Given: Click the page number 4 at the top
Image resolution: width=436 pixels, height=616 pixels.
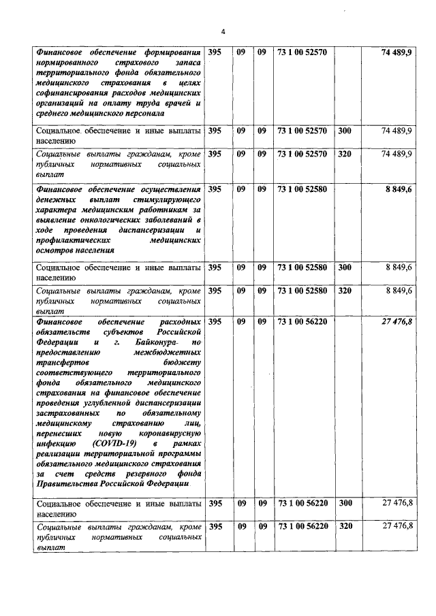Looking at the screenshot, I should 222,31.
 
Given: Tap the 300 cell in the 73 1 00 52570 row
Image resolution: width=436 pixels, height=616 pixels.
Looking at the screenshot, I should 345,130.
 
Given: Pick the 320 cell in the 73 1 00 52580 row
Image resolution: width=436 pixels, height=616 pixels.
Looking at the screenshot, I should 345,291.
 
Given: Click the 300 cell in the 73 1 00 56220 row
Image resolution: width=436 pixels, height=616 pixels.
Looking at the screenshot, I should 345,503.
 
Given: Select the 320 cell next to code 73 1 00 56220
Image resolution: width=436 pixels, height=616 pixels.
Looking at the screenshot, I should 345,527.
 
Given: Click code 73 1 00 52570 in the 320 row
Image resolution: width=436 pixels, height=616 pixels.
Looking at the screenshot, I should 302,154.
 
